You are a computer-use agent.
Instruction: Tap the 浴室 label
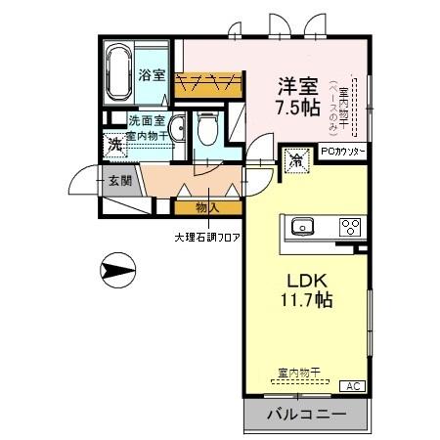click(x=152, y=75)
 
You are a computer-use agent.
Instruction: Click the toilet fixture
click(x=206, y=127)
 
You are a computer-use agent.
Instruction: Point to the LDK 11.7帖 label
click(x=307, y=290)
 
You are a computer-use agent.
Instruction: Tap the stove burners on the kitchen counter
click(x=349, y=227)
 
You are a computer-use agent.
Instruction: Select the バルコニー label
click(x=307, y=416)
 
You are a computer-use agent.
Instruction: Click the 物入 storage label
click(x=206, y=207)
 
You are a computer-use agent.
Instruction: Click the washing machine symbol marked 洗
click(x=113, y=143)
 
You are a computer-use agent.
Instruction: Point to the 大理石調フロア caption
click(x=207, y=237)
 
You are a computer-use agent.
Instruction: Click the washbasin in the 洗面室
click(x=178, y=130)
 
